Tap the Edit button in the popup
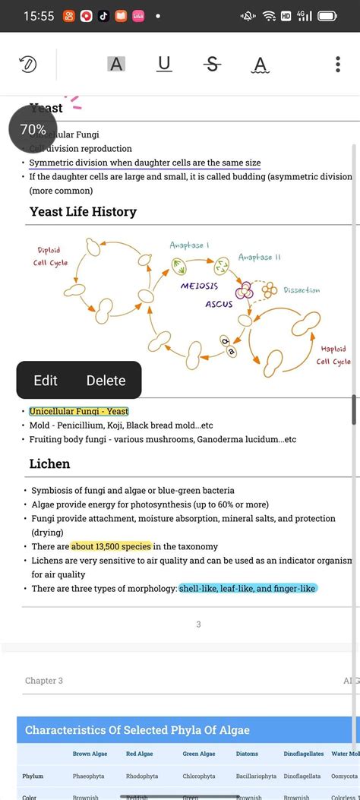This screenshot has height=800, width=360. point(46,381)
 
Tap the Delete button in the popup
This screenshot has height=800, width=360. point(106,381)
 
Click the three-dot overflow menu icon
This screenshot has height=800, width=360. point(338,64)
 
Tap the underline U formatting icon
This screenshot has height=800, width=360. point(164,64)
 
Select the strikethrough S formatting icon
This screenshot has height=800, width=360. point(213,64)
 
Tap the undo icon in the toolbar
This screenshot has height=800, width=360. point(28,65)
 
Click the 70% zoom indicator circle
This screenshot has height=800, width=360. point(33,130)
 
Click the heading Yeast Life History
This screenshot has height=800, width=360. point(83,211)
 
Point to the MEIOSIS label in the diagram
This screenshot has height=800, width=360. point(199,286)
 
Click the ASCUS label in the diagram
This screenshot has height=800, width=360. point(219,304)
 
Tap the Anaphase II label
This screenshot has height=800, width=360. point(260,257)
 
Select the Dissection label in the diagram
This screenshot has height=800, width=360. point(302,290)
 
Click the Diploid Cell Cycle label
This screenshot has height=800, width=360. point(50,256)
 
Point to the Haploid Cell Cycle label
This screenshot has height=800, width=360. point(333,355)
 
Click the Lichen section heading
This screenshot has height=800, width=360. point(49,463)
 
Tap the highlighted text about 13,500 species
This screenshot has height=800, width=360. point(112,546)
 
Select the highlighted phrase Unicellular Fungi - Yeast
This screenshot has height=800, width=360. point(79,411)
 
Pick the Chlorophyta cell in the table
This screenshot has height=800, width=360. point(199,776)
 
